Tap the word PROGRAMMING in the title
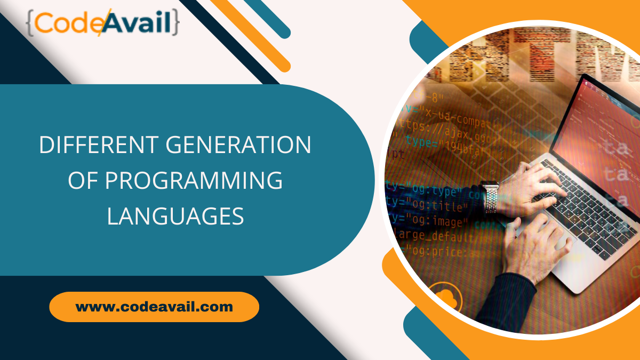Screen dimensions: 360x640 tap(193, 181)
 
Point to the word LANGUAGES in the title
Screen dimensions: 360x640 tap(175, 217)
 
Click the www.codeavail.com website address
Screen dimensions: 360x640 tap(154, 307)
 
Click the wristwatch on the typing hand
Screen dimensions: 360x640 tap(490, 198)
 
